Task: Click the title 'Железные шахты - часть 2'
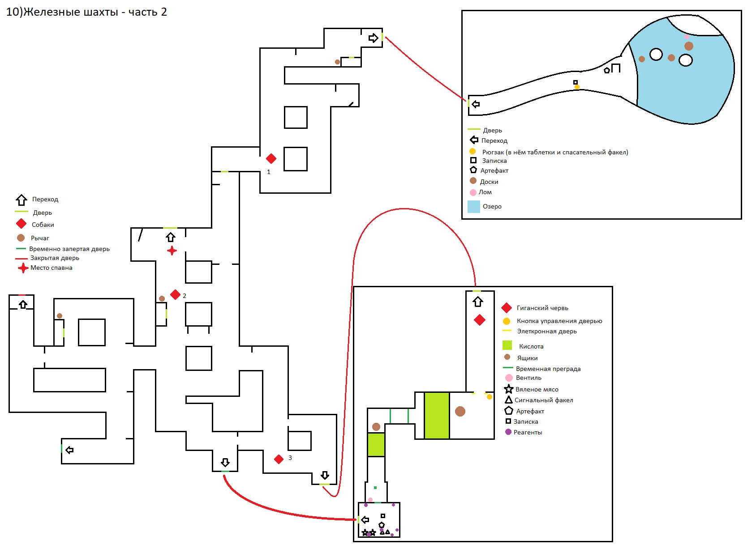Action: [96, 12]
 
